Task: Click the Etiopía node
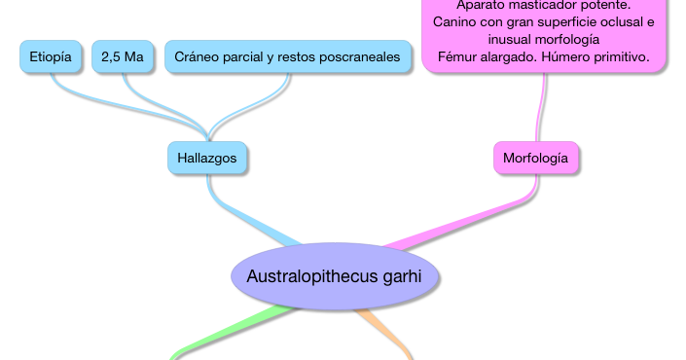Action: click(51, 57)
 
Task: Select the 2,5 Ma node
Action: click(123, 57)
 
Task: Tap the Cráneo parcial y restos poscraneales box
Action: click(287, 57)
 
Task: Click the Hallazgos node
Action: click(206, 158)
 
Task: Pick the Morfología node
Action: click(535, 158)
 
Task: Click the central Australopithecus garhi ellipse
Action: click(335, 276)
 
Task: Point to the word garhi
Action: click(401, 276)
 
